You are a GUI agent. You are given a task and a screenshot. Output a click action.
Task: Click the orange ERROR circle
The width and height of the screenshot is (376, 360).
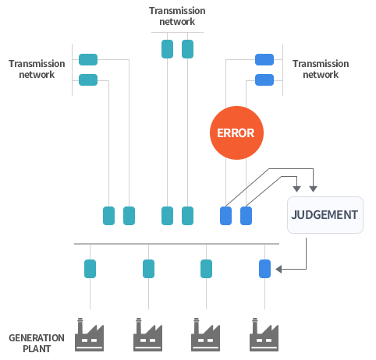(236, 132)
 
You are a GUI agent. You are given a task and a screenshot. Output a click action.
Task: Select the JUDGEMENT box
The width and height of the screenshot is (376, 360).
(325, 215)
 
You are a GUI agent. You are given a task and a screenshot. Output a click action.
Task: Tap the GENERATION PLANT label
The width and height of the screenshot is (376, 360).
(37, 343)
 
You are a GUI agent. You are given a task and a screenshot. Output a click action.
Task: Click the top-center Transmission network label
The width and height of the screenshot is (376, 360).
(177, 16)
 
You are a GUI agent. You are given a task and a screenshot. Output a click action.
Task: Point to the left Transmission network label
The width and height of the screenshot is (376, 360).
(37, 69)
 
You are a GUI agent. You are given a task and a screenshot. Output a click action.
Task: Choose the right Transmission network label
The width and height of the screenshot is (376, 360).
(321, 69)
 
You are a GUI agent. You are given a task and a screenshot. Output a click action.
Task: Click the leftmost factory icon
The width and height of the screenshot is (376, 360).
(89, 334)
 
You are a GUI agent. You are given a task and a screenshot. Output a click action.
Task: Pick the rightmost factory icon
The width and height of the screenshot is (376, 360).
(264, 334)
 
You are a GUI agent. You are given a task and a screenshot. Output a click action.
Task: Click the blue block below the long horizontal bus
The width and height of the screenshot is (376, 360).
(264, 269)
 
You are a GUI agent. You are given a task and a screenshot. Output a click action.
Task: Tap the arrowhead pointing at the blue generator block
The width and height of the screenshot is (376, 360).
(278, 270)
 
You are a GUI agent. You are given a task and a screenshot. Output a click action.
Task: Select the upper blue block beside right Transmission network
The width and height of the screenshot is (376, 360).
(264, 59)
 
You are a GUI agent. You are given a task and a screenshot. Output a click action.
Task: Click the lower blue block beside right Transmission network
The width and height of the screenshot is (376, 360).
(264, 79)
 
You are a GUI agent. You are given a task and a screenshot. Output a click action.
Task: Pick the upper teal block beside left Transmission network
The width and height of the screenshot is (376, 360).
(88, 59)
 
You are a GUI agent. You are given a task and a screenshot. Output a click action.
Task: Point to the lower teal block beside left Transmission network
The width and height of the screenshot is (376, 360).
(88, 79)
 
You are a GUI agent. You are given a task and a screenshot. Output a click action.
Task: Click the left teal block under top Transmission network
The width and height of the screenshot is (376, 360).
(167, 49)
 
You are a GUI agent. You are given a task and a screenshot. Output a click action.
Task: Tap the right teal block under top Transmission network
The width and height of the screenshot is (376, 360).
(187, 49)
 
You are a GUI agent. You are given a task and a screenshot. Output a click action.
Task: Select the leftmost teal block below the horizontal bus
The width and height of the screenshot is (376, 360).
(90, 269)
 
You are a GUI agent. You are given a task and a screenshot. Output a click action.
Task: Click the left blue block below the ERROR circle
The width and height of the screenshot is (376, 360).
(225, 216)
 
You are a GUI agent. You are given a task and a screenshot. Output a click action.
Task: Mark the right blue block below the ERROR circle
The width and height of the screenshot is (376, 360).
(246, 216)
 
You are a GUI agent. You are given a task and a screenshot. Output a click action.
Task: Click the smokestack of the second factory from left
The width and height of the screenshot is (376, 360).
(139, 326)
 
